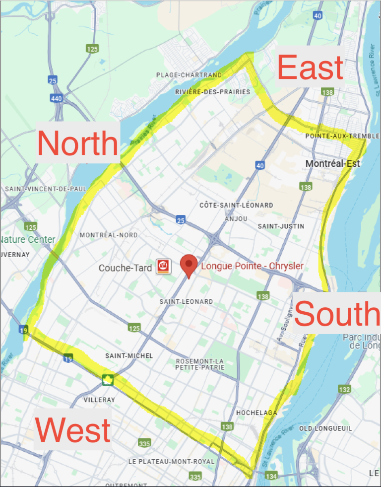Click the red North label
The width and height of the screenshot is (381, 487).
78,142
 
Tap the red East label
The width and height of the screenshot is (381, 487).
310,68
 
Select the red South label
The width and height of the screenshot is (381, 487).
336,314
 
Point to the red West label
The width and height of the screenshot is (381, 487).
73,429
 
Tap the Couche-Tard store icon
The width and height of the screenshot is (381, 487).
163,267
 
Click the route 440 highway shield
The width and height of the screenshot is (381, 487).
56,99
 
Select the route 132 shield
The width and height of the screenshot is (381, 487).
344,389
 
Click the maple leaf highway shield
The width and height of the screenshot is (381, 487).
107,380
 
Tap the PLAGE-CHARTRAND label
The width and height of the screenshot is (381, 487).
189,75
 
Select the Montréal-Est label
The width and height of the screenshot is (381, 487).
332,163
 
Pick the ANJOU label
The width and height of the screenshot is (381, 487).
236,218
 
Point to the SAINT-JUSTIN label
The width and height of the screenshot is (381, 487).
281,226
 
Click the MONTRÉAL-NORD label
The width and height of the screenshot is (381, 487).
109,235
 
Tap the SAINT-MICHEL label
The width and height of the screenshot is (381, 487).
129,356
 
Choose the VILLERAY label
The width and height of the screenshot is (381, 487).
99,400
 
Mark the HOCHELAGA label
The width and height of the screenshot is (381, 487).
256,413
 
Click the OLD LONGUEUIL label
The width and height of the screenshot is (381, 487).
325,428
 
